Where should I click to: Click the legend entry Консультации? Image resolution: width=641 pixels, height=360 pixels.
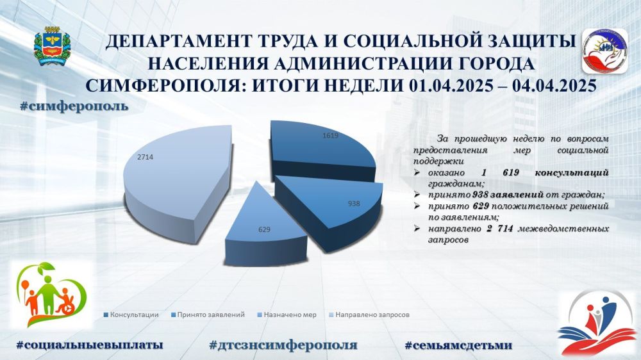(131, 315)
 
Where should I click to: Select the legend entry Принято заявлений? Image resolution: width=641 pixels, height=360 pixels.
(208, 315)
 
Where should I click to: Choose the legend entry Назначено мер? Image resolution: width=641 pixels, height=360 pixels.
(287, 315)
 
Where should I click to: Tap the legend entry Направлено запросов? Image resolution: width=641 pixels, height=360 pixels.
(369, 315)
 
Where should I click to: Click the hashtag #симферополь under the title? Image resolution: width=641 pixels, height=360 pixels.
(74, 106)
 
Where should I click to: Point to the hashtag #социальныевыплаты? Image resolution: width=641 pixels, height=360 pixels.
(90, 345)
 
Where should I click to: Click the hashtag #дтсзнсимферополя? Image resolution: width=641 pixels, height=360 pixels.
(283, 345)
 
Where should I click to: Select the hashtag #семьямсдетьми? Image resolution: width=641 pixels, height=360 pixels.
(458, 345)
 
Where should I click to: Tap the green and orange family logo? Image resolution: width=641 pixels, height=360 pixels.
(51, 295)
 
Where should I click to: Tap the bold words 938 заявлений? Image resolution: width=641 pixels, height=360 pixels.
(508, 195)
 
